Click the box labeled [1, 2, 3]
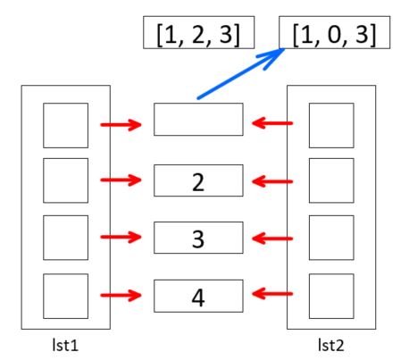[198, 32]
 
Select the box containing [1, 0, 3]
[334, 32]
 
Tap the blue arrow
[241, 73]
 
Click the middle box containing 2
[198, 180]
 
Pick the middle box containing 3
[198, 238]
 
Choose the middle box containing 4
[198, 296]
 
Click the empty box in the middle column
[198, 120]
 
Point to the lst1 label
[65, 346]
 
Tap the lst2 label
[331, 346]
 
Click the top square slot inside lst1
[66, 125]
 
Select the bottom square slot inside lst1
[66, 297]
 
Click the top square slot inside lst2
[331, 125]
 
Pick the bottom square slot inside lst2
[331, 297]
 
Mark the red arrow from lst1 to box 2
[121, 180]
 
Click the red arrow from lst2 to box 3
[272, 239]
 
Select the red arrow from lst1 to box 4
[121, 296]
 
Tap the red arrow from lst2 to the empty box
[272, 123]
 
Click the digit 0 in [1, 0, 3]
[334, 34]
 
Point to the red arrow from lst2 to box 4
[272, 294]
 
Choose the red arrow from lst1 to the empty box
[121, 125]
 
